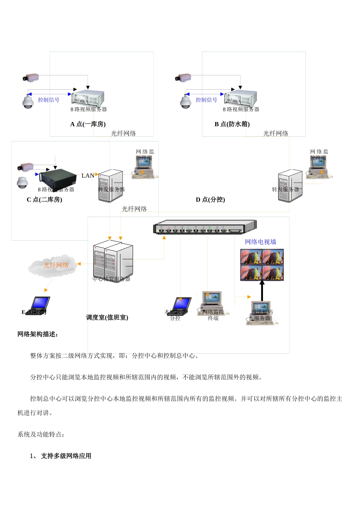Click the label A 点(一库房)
(x=88, y=124)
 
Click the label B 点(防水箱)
(x=232, y=124)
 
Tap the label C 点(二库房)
(x=44, y=200)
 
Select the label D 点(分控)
(x=210, y=200)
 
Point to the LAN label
(x=88, y=176)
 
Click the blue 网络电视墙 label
(x=260, y=242)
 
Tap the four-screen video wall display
(x=262, y=265)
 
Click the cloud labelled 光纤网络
(x=53, y=265)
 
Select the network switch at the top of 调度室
(x=205, y=227)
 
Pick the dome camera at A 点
(x=28, y=102)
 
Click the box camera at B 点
(x=183, y=78)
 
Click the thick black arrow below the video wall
(x=262, y=291)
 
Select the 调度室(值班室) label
(x=107, y=317)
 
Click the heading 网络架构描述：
(x=38, y=334)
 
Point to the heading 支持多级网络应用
(x=66, y=456)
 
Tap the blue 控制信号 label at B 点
(x=207, y=100)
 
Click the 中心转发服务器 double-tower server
(x=113, y=261)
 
